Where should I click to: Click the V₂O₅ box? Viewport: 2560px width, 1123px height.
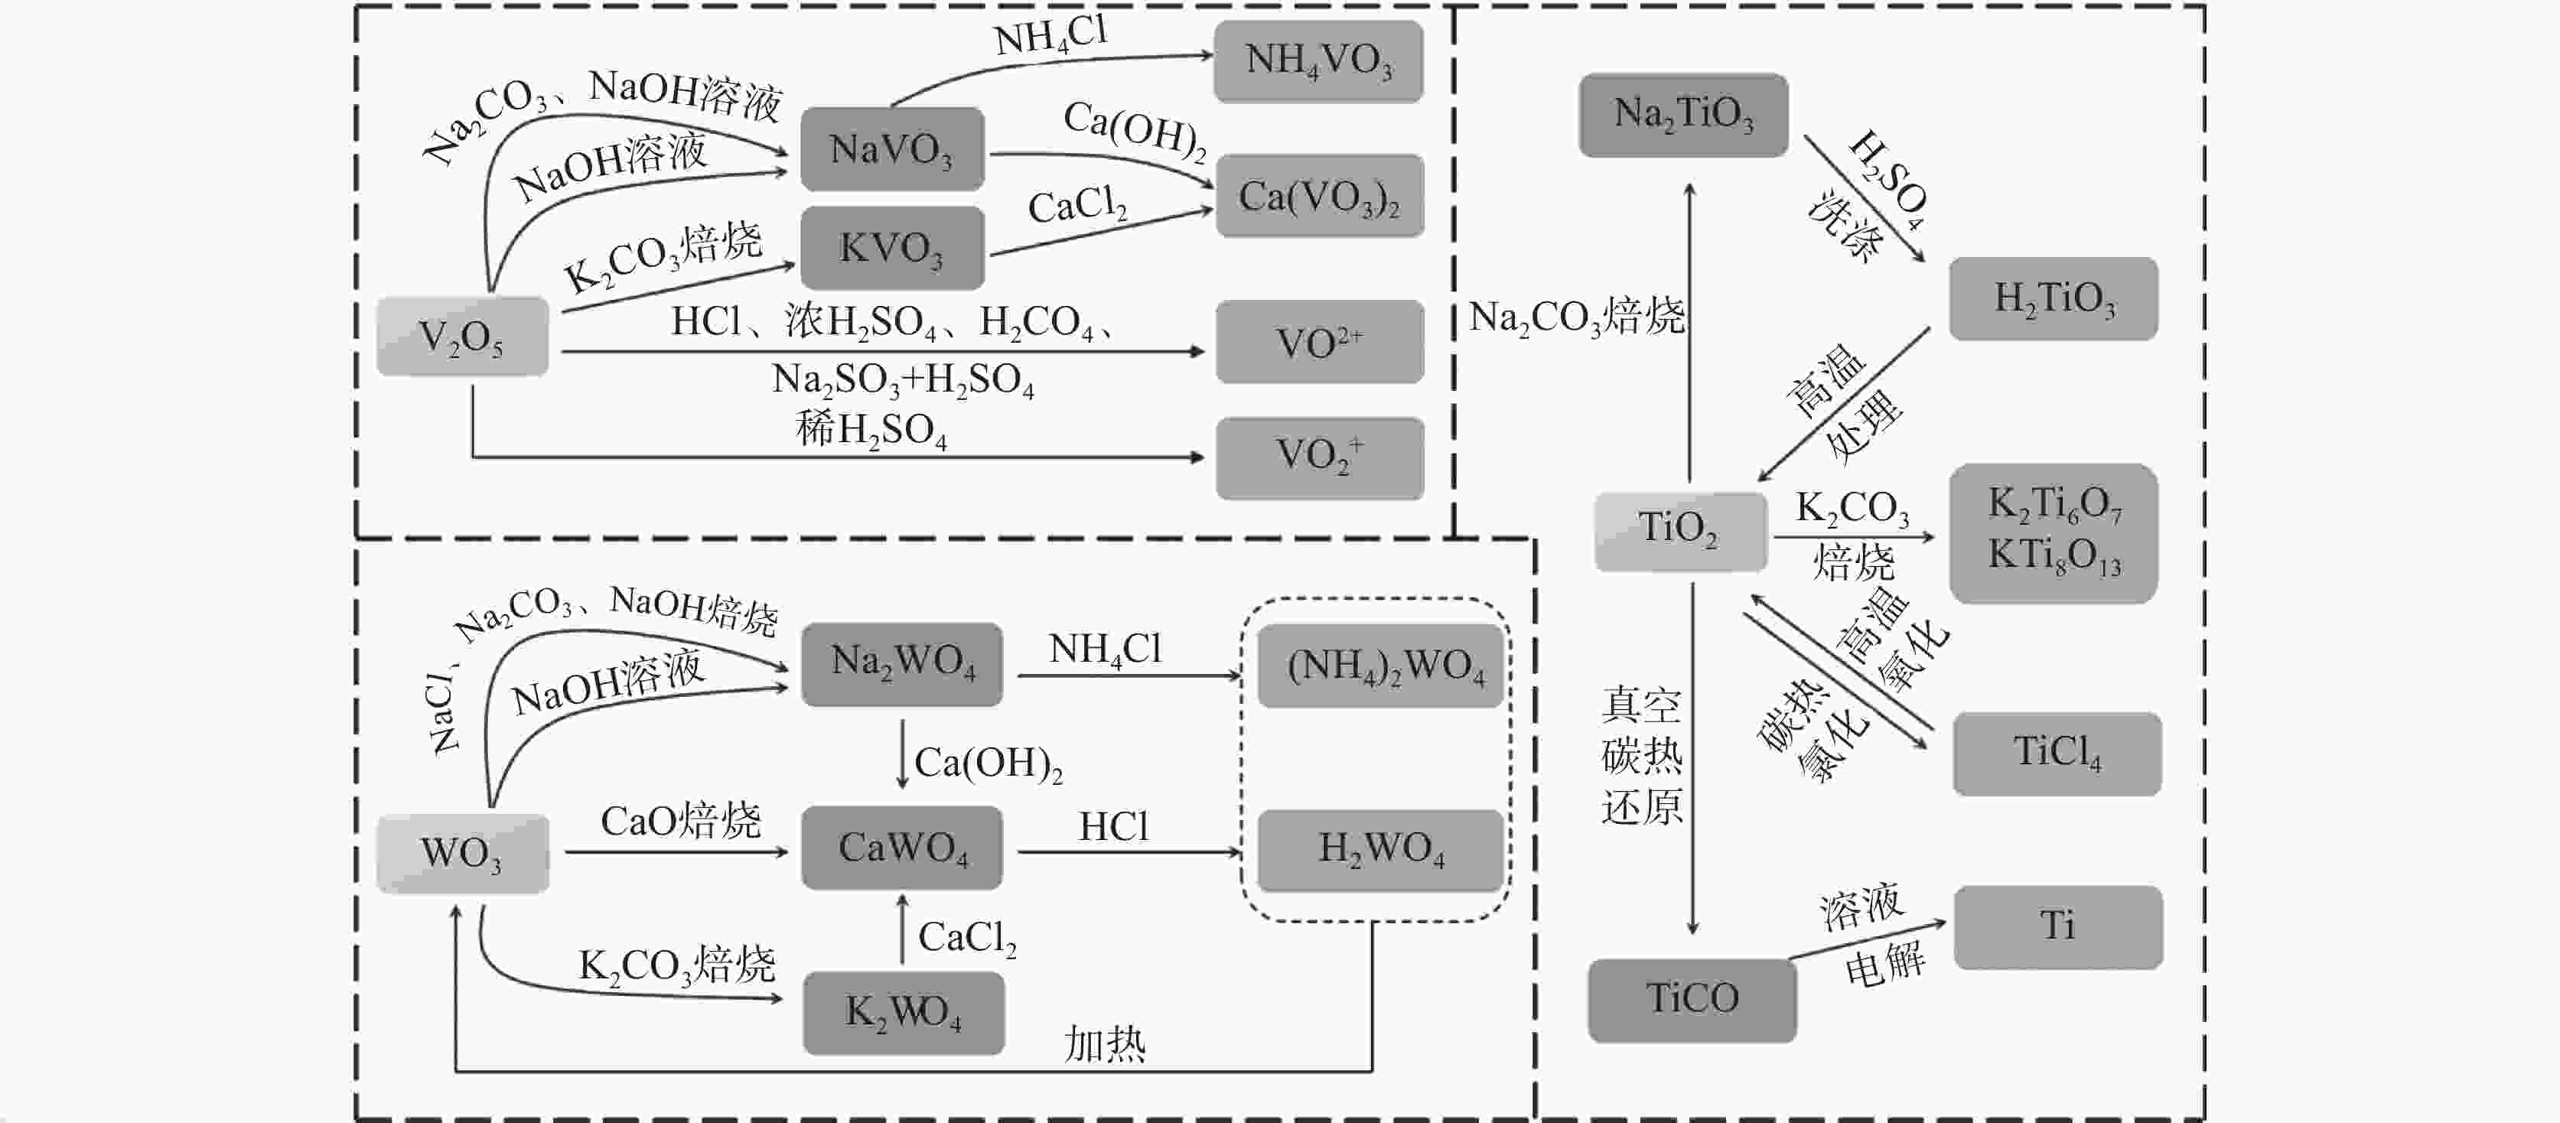click(462, 337)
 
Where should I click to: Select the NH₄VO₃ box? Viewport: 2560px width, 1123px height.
click(1317, 60)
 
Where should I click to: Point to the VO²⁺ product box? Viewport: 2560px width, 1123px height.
click(1319, 343)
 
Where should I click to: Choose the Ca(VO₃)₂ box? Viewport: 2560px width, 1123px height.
click(1319, 197)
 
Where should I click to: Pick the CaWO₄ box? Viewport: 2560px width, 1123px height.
click(901, 848)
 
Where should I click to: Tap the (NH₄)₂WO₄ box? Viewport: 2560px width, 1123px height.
click(1381, 665)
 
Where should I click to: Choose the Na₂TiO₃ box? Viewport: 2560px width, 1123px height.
click(1682, 114)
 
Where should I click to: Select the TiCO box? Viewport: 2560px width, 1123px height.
click(1692, 999)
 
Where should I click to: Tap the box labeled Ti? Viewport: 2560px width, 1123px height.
click(2057, 927)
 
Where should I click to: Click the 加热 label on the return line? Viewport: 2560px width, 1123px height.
click(1104, 1044)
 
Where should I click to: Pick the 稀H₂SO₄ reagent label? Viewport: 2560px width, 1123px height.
click(871, 429)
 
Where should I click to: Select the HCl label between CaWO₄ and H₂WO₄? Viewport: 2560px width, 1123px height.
click(1113, 827)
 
